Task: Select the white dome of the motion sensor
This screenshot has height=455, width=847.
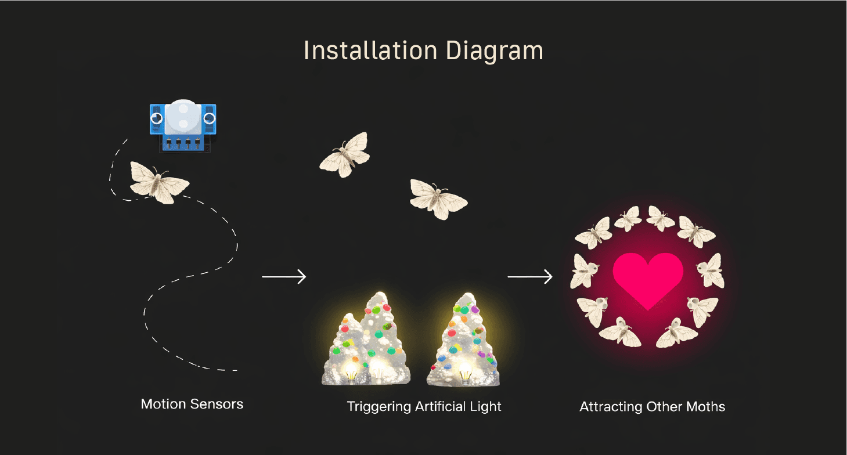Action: [x=182, y=116]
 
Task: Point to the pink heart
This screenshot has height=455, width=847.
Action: [x=648, y=279]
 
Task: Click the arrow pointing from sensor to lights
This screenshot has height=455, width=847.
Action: [x=284, y=277]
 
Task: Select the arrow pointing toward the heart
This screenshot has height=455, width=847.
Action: [x=530, y=277]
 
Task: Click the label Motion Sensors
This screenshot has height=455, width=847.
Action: [x=192, y=404]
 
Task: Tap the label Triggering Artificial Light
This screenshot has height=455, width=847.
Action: [x=424, y=406]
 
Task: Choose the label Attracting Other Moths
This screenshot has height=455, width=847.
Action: [x=652, y=406]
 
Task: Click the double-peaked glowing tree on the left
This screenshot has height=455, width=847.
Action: [x=367, y=342]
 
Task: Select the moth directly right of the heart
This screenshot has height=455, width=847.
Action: [x=710, y=270]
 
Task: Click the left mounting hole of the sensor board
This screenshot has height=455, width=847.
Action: [x=156, y=119]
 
